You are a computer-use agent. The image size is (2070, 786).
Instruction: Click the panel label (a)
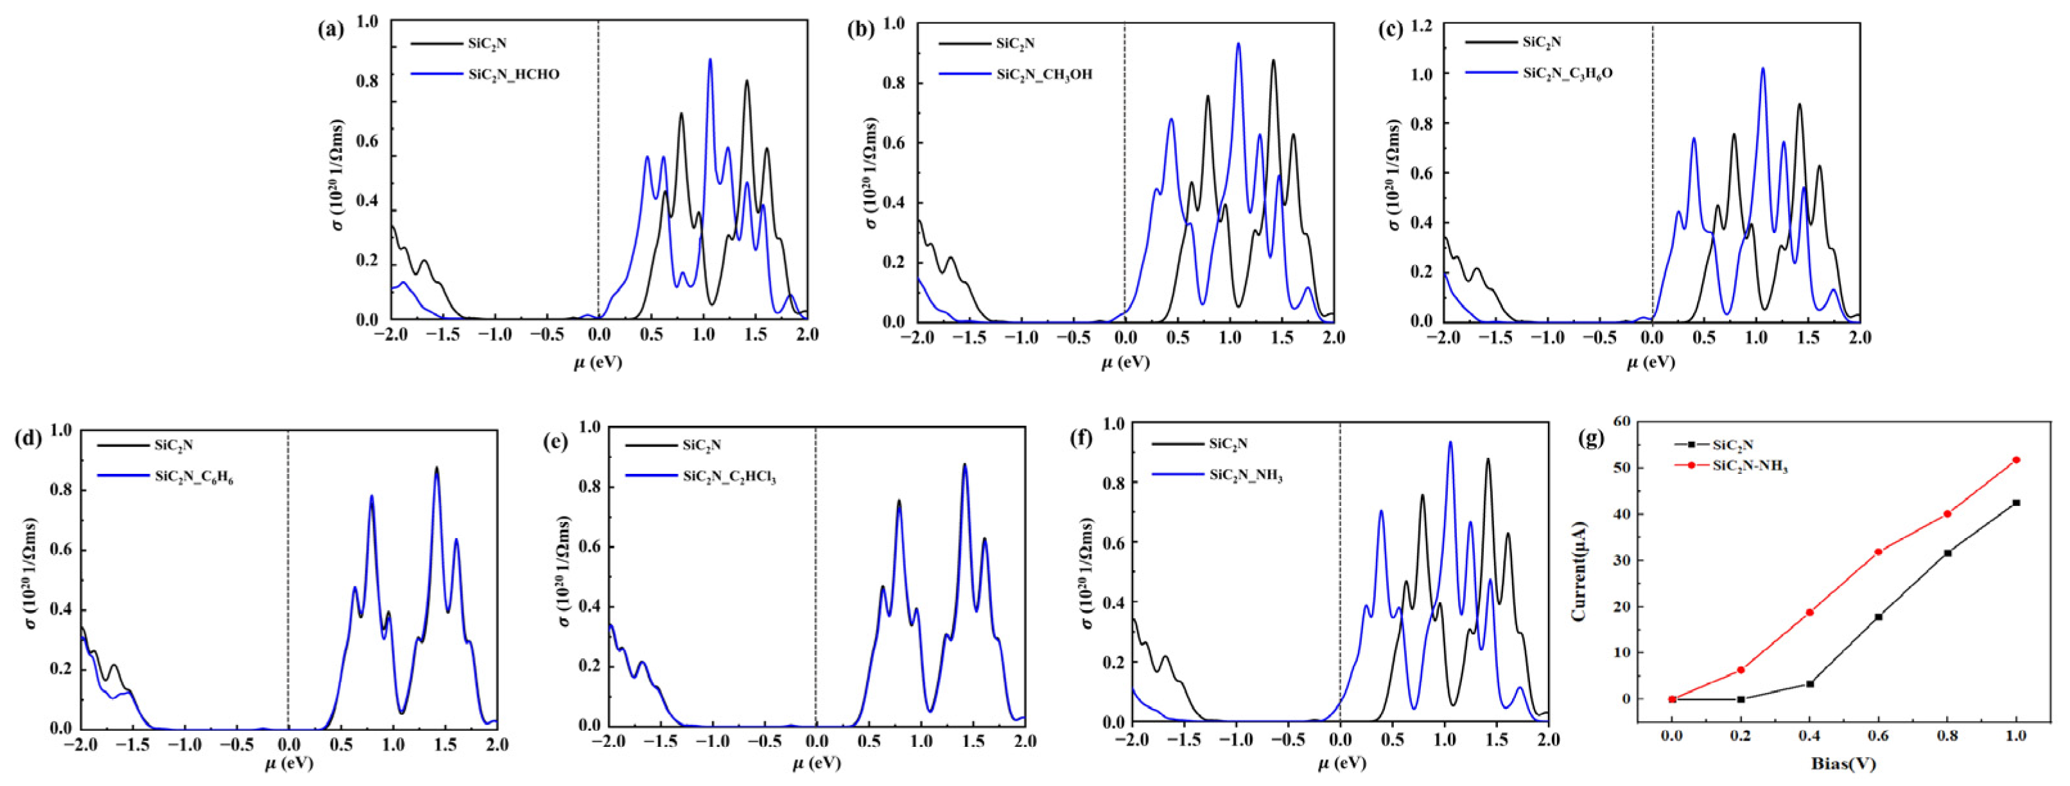point(330,31)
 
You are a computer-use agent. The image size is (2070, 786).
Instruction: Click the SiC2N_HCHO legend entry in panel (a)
point(514,74)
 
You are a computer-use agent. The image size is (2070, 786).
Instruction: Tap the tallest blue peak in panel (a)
point(709,60)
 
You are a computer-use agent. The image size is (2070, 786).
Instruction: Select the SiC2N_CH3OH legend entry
point(1043,74)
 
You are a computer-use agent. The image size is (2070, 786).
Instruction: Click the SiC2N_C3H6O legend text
point(1567,73)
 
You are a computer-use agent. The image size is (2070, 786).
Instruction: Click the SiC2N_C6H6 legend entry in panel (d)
point(194,476)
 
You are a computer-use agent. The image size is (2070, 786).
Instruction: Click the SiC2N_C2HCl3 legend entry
point(729,476)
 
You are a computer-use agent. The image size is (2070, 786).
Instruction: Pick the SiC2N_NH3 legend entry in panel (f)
point(1246,475)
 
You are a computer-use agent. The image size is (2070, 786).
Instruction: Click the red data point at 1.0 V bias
point(2016,460)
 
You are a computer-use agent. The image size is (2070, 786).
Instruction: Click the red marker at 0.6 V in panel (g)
point(1879,552)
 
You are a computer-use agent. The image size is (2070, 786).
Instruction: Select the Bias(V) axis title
point(1843,764)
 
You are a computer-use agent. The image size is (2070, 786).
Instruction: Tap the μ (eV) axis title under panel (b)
point(1124,362)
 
